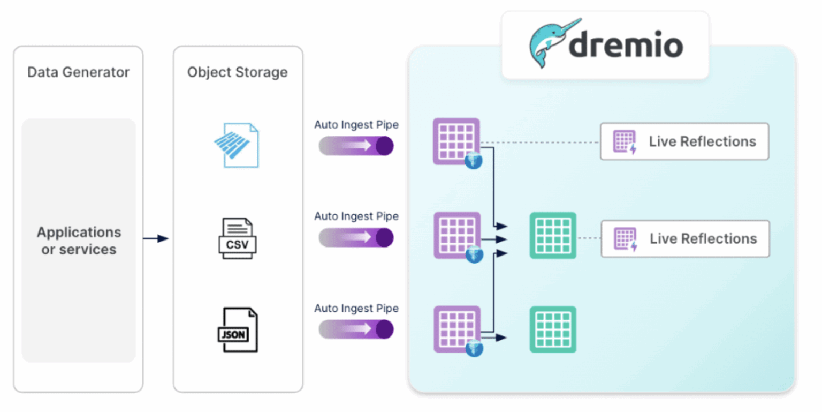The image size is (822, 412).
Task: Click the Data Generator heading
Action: click(x=78, y=72)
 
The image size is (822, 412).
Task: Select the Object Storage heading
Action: click(x=237, y=72)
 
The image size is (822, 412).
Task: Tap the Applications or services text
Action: click(x=79, y=241)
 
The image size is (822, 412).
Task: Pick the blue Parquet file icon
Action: click(x=237, y=145)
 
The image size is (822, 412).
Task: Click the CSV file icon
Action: click(x=237, y=238)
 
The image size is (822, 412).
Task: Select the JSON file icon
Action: click(x=237, y=329)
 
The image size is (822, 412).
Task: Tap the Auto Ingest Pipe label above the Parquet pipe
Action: click(x=356, y=125)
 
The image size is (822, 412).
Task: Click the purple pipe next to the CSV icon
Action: click(x=356, y=237)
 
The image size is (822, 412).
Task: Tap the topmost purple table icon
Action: click(x=456, y=141)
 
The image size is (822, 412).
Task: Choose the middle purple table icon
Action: click(x=456, y=235)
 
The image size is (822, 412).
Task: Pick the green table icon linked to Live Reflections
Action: click(x=553, y=236)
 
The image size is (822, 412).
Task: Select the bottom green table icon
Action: click(x=553, y=329)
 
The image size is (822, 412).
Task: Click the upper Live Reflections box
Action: click(x=684, y=141)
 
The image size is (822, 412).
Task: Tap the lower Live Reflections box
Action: click(x=685, y=238)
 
